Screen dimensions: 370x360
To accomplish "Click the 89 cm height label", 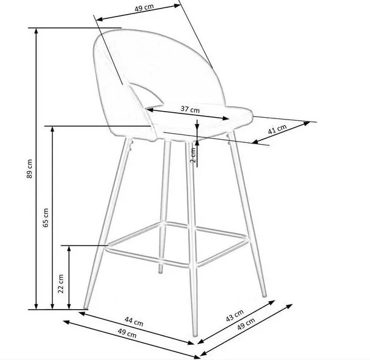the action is point(29,169).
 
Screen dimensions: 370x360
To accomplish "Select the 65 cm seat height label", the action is point(46,218).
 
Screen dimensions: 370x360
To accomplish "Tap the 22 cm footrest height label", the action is point(61,284).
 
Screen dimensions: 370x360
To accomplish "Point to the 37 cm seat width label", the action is point(190,109).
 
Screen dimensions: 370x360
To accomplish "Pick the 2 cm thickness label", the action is point(193,155).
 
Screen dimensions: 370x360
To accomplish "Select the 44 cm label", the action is point(134,321).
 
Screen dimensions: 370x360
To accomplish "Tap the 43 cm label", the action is point(235,316).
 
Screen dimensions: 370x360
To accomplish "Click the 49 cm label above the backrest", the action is point(144,7).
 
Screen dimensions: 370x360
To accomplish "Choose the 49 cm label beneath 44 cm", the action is point(127,333).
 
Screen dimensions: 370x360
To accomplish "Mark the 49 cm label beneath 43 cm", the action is point(246,324).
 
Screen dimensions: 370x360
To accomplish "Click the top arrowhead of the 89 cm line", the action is point(36,30).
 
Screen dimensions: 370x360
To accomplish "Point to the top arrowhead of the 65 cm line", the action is point(53,128).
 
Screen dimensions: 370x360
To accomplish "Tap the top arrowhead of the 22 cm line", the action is point(69,248).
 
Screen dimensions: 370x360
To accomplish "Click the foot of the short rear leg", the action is point(160,272).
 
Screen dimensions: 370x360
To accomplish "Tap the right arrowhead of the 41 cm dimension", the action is point(307,123).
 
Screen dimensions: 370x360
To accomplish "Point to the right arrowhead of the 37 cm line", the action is point(226,118).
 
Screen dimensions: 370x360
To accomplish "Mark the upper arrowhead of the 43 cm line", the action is point(272,302).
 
